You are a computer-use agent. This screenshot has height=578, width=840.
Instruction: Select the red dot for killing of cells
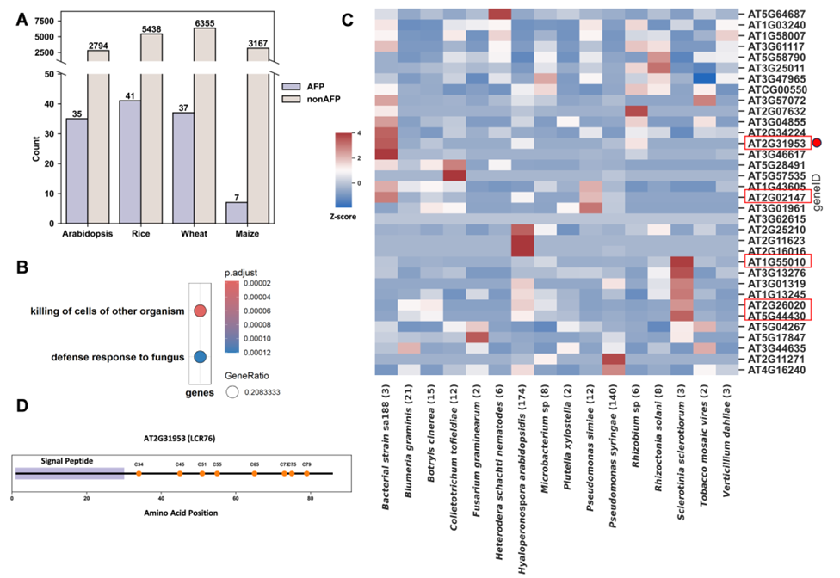click(200, 311)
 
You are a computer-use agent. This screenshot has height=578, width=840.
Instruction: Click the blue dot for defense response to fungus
click(200, 356)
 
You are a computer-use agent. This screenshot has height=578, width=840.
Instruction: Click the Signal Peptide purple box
click(70, 473)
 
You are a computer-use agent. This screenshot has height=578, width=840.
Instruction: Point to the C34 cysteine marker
click(139, 473)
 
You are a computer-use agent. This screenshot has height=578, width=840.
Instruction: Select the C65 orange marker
click(255, 473)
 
